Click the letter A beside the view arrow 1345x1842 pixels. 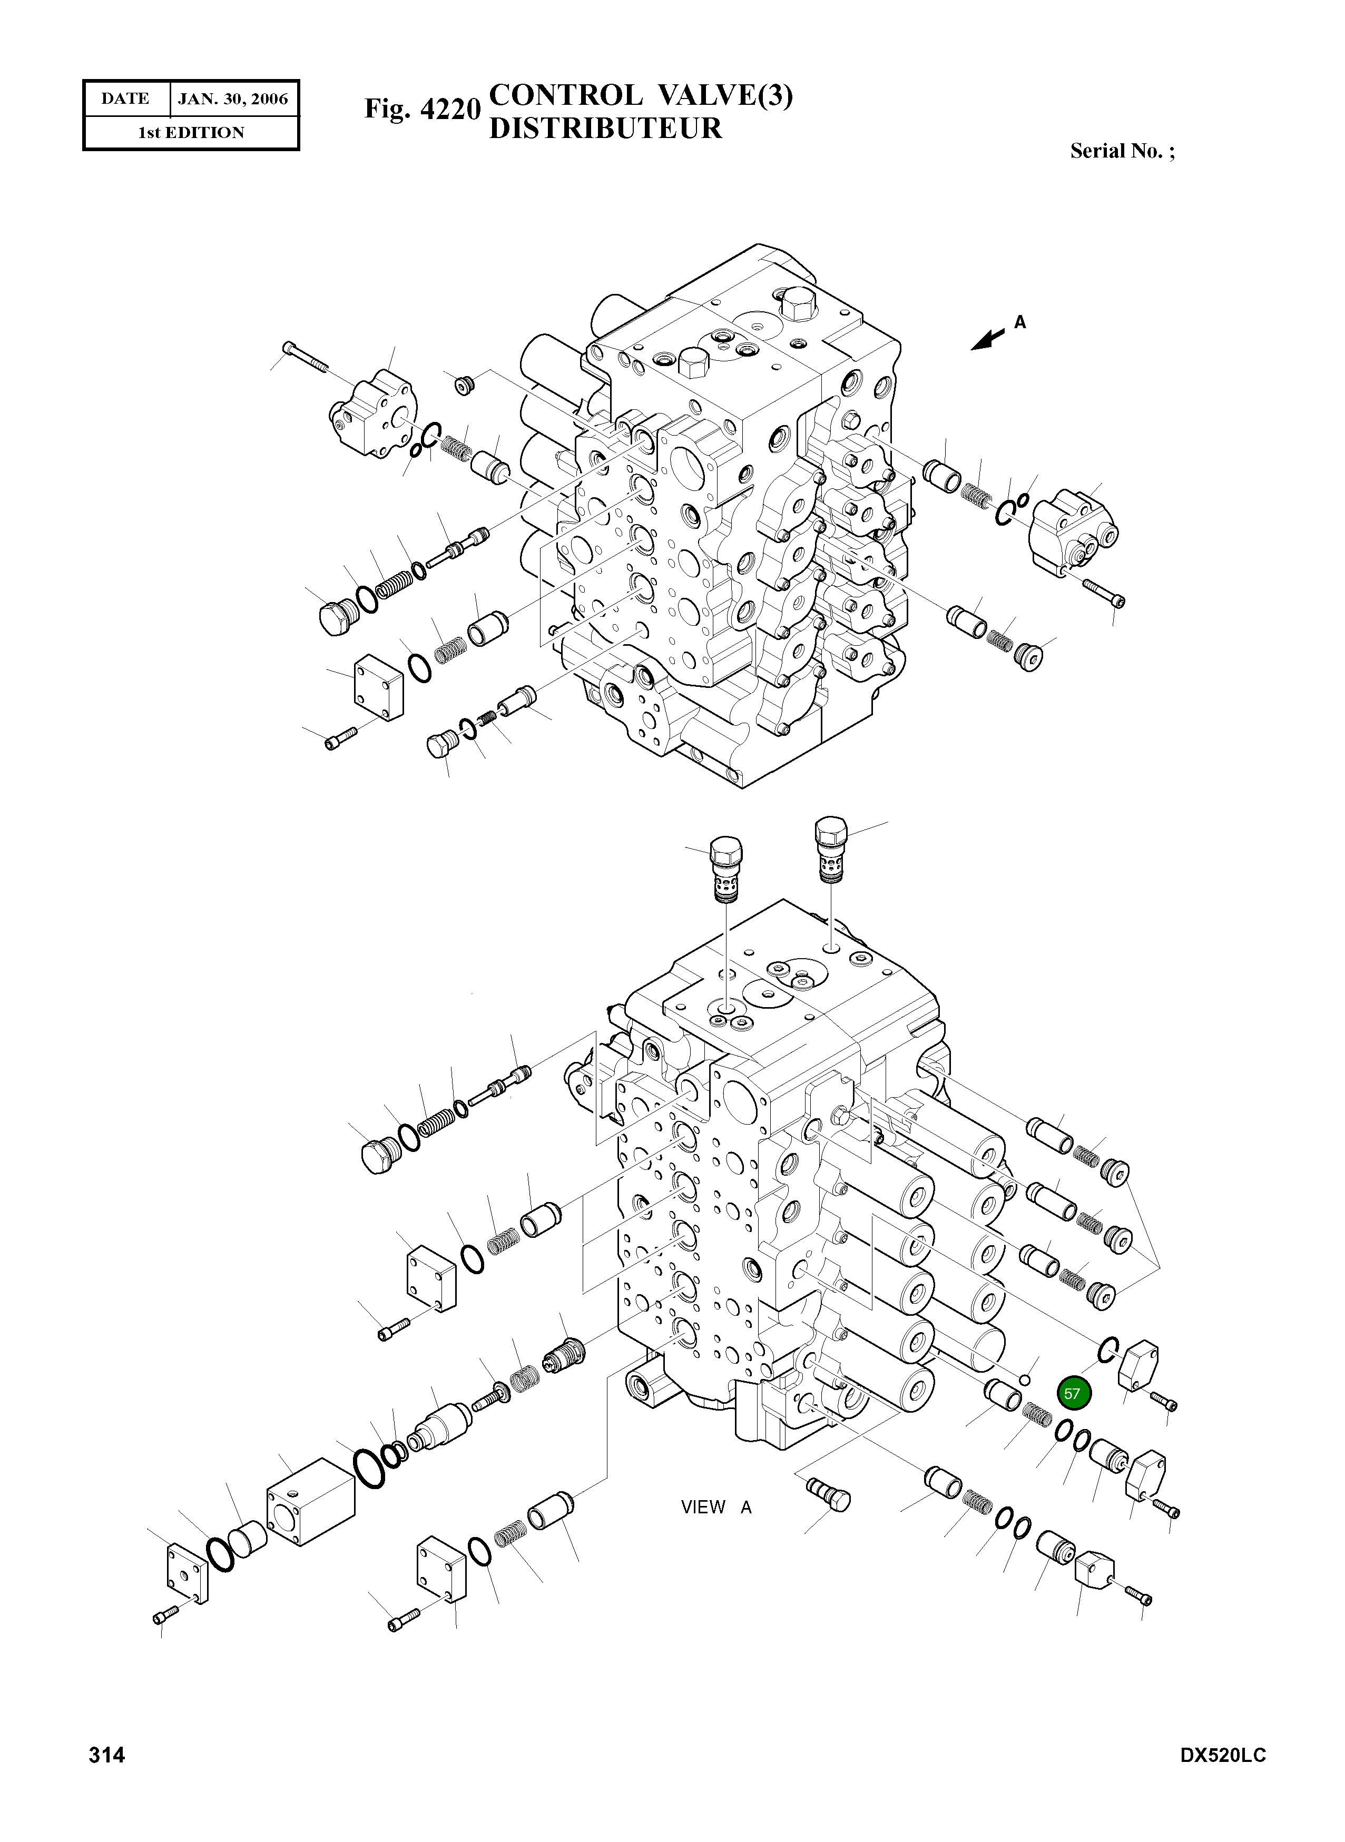click(1019, 323)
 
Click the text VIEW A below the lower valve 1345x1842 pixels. click(715, 1506)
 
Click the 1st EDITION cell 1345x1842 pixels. click(191, 133)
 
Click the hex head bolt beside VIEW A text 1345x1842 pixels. click(829, 1494)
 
